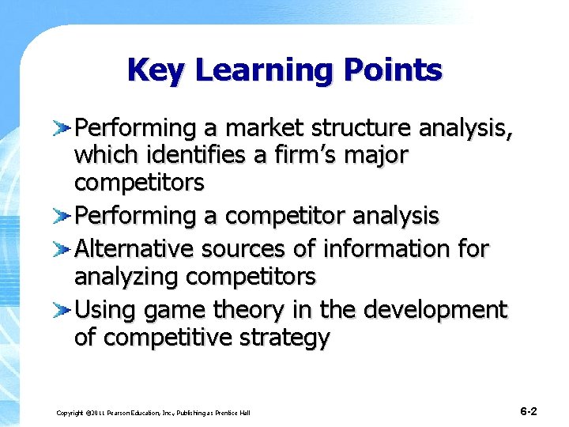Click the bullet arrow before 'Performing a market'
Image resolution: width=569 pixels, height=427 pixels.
63,127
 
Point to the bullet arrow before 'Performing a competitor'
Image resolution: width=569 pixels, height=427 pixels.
63,215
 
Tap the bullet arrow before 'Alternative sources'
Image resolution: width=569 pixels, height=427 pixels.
63,249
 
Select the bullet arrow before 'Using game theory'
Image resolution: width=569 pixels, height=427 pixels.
63,309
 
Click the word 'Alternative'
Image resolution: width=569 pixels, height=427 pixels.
134,248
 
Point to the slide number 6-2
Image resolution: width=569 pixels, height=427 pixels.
529,411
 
